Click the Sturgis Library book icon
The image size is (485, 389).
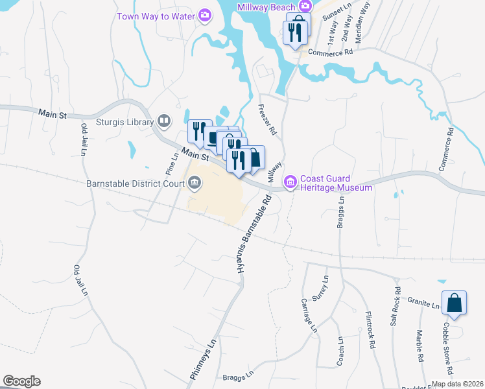(x=165, y=121)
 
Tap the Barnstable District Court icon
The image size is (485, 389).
(x=195, y=184)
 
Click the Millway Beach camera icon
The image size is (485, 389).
(x=303, y=6)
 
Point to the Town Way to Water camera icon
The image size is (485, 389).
(x=205, y=15)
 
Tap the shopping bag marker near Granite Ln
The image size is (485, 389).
(x=455, y=303)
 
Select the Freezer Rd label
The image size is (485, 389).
(x=267, y=120)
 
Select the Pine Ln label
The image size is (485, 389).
(x=171, y=163)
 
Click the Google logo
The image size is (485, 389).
(x=21, y=381)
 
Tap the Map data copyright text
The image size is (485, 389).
(x=458, y=384)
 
